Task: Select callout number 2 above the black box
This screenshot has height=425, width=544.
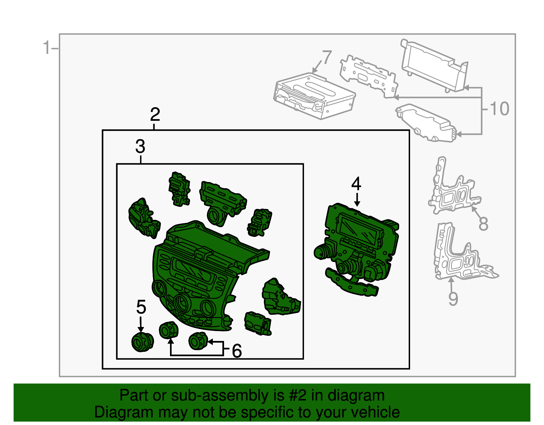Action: pyautogui.click(x=155, y=114)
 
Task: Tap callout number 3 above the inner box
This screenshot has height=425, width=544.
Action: pyautogui.click(x=140, y=146)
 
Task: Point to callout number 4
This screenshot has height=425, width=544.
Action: pyautogui.click(x=356, y=183)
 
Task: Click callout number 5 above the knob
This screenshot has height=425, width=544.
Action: pyautogui.click(x=141, y=307)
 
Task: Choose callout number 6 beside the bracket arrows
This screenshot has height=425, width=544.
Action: pyautogui.click(x=237, y=350)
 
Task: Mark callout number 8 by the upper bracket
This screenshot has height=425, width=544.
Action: pyautogui.click(x=483, y=224)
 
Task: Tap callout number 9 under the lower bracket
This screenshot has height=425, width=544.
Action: pyautogui.click(x=453, y=298)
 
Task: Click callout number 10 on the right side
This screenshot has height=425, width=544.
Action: pyautogui.click(x=499, y=109)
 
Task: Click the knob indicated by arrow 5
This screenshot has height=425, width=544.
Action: pyautogui.click(x=142, y=342)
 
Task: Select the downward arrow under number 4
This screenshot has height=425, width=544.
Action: pyautogui.click(x=357, y=199)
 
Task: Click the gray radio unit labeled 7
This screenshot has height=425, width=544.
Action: pyautogui.click(x=314, y=96)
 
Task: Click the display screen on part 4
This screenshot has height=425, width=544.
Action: pyautogui.click(x=359, y=229)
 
